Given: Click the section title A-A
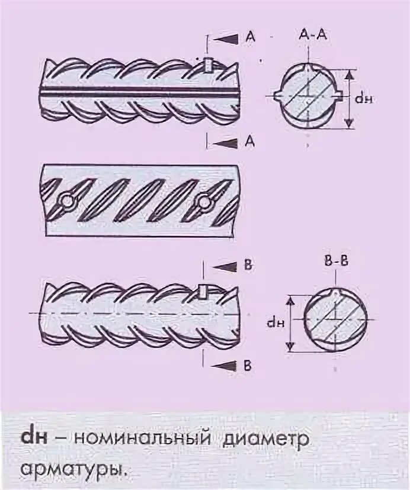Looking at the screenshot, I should pyautogui.click(x=309, y=35).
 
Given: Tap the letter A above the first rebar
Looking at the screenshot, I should pyautogui.click(x=250, y=37).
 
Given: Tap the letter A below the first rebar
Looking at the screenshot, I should pyautogui.click(x=250, y=141).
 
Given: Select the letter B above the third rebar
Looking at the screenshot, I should pyautogui.click(x=248, y=266).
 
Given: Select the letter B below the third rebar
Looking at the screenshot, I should pyautogui.click(x=248, y=366).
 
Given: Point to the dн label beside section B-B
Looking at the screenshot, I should pyautogui.click(x=273, y=323).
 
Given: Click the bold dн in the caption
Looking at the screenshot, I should pyautogui.click(x=34, y=439).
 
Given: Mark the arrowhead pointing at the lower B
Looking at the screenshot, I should pyautogui.click(x=225, y=366).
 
